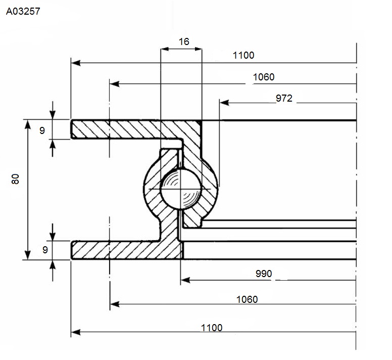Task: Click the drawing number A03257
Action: click(23, 11)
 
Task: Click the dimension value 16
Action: click(184, 41)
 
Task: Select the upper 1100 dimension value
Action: click(243, 55)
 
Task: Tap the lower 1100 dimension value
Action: click(212, 328)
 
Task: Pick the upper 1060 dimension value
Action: click(264, 77)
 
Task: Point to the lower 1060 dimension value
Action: click(247, 299)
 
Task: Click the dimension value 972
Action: click(284, 98)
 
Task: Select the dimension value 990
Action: click(264, 274)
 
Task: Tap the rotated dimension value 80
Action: click(15, 179)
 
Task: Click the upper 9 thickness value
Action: click(42, 130)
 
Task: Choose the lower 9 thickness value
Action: click(45, 250)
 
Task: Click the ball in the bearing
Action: click(181, 189)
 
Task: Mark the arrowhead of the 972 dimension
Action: click(224, 103)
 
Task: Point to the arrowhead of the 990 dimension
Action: click(185, 280)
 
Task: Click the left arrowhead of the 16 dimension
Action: click(165, 49)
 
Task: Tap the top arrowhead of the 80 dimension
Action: click(27, 124)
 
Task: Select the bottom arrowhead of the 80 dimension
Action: click(27, 255)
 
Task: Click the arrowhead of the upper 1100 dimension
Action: click(76, 63)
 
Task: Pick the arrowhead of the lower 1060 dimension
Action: click(115, 304)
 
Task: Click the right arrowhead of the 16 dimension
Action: click(198, 49)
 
